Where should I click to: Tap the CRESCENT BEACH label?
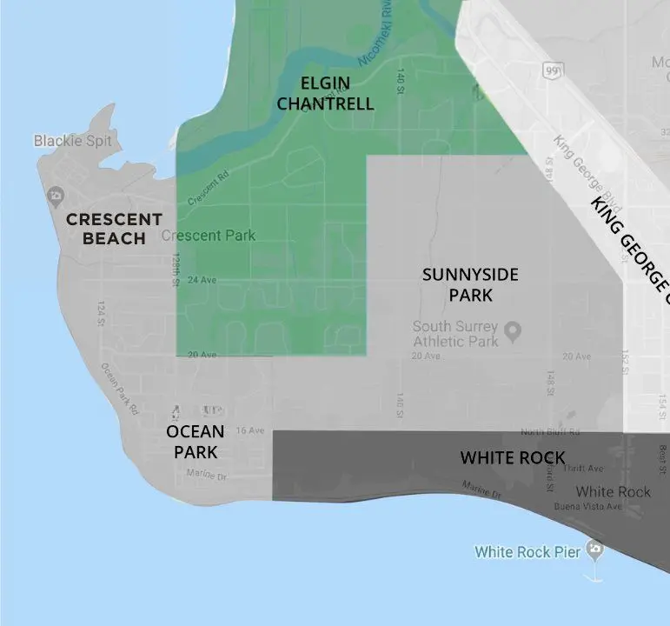coord(114,229)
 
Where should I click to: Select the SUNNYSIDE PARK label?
coord(470,285)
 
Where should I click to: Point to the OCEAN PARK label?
coord(195,442)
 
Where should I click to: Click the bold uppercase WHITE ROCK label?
coord(513,457)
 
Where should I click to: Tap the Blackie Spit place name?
coord(73,140)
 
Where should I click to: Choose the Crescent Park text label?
coord(209,236)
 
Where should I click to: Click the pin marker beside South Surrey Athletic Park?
coord(513,331)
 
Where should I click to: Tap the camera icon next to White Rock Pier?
coord(594,549)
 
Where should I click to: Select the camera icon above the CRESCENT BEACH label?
coord(56,194)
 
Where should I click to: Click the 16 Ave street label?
coord(249,430)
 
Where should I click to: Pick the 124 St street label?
coord(102,312)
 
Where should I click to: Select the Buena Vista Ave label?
coord(589,506)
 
